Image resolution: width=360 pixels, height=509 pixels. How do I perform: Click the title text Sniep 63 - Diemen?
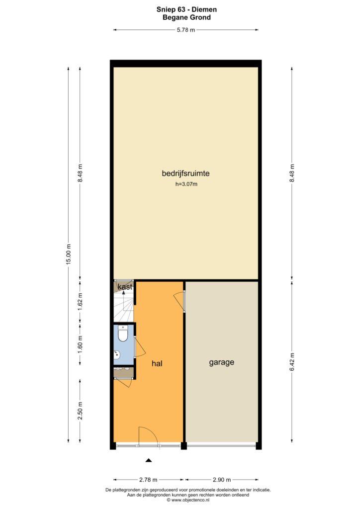[x=186, y=9]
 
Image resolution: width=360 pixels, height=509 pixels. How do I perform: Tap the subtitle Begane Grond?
[x=186, y=17]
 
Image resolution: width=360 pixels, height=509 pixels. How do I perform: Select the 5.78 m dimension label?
[x=185, y=30]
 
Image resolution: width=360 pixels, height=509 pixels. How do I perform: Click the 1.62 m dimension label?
[x=80, y=302]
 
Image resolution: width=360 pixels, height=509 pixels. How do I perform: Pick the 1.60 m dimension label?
[x=80, y=344]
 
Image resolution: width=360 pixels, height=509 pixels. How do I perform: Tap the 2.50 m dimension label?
[x=80, y=411]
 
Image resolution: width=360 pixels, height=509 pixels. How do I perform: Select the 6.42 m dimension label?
[x=291, y=362]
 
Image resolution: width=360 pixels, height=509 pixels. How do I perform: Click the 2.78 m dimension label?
[x=148, y=480]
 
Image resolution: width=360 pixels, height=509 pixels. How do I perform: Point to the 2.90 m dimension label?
[x=222, y=480]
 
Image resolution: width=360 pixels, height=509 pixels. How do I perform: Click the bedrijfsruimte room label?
[x=185, y=173]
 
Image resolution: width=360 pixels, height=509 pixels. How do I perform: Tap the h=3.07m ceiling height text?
[x=186, y=184]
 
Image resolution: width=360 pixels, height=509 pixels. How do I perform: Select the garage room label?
[x=222, y=362]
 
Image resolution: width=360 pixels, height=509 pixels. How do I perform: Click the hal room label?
[x=157, y=363]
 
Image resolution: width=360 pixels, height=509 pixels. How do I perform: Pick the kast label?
[x=125, y=287]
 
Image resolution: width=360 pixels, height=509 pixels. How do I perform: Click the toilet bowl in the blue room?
[x=123, y=334]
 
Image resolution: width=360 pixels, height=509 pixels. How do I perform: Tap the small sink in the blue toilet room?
[x=117, y=355]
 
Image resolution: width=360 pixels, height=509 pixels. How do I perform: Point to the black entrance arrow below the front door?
[x=149, y=460]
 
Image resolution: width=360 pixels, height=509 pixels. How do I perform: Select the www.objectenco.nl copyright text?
[x=188, y=500]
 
